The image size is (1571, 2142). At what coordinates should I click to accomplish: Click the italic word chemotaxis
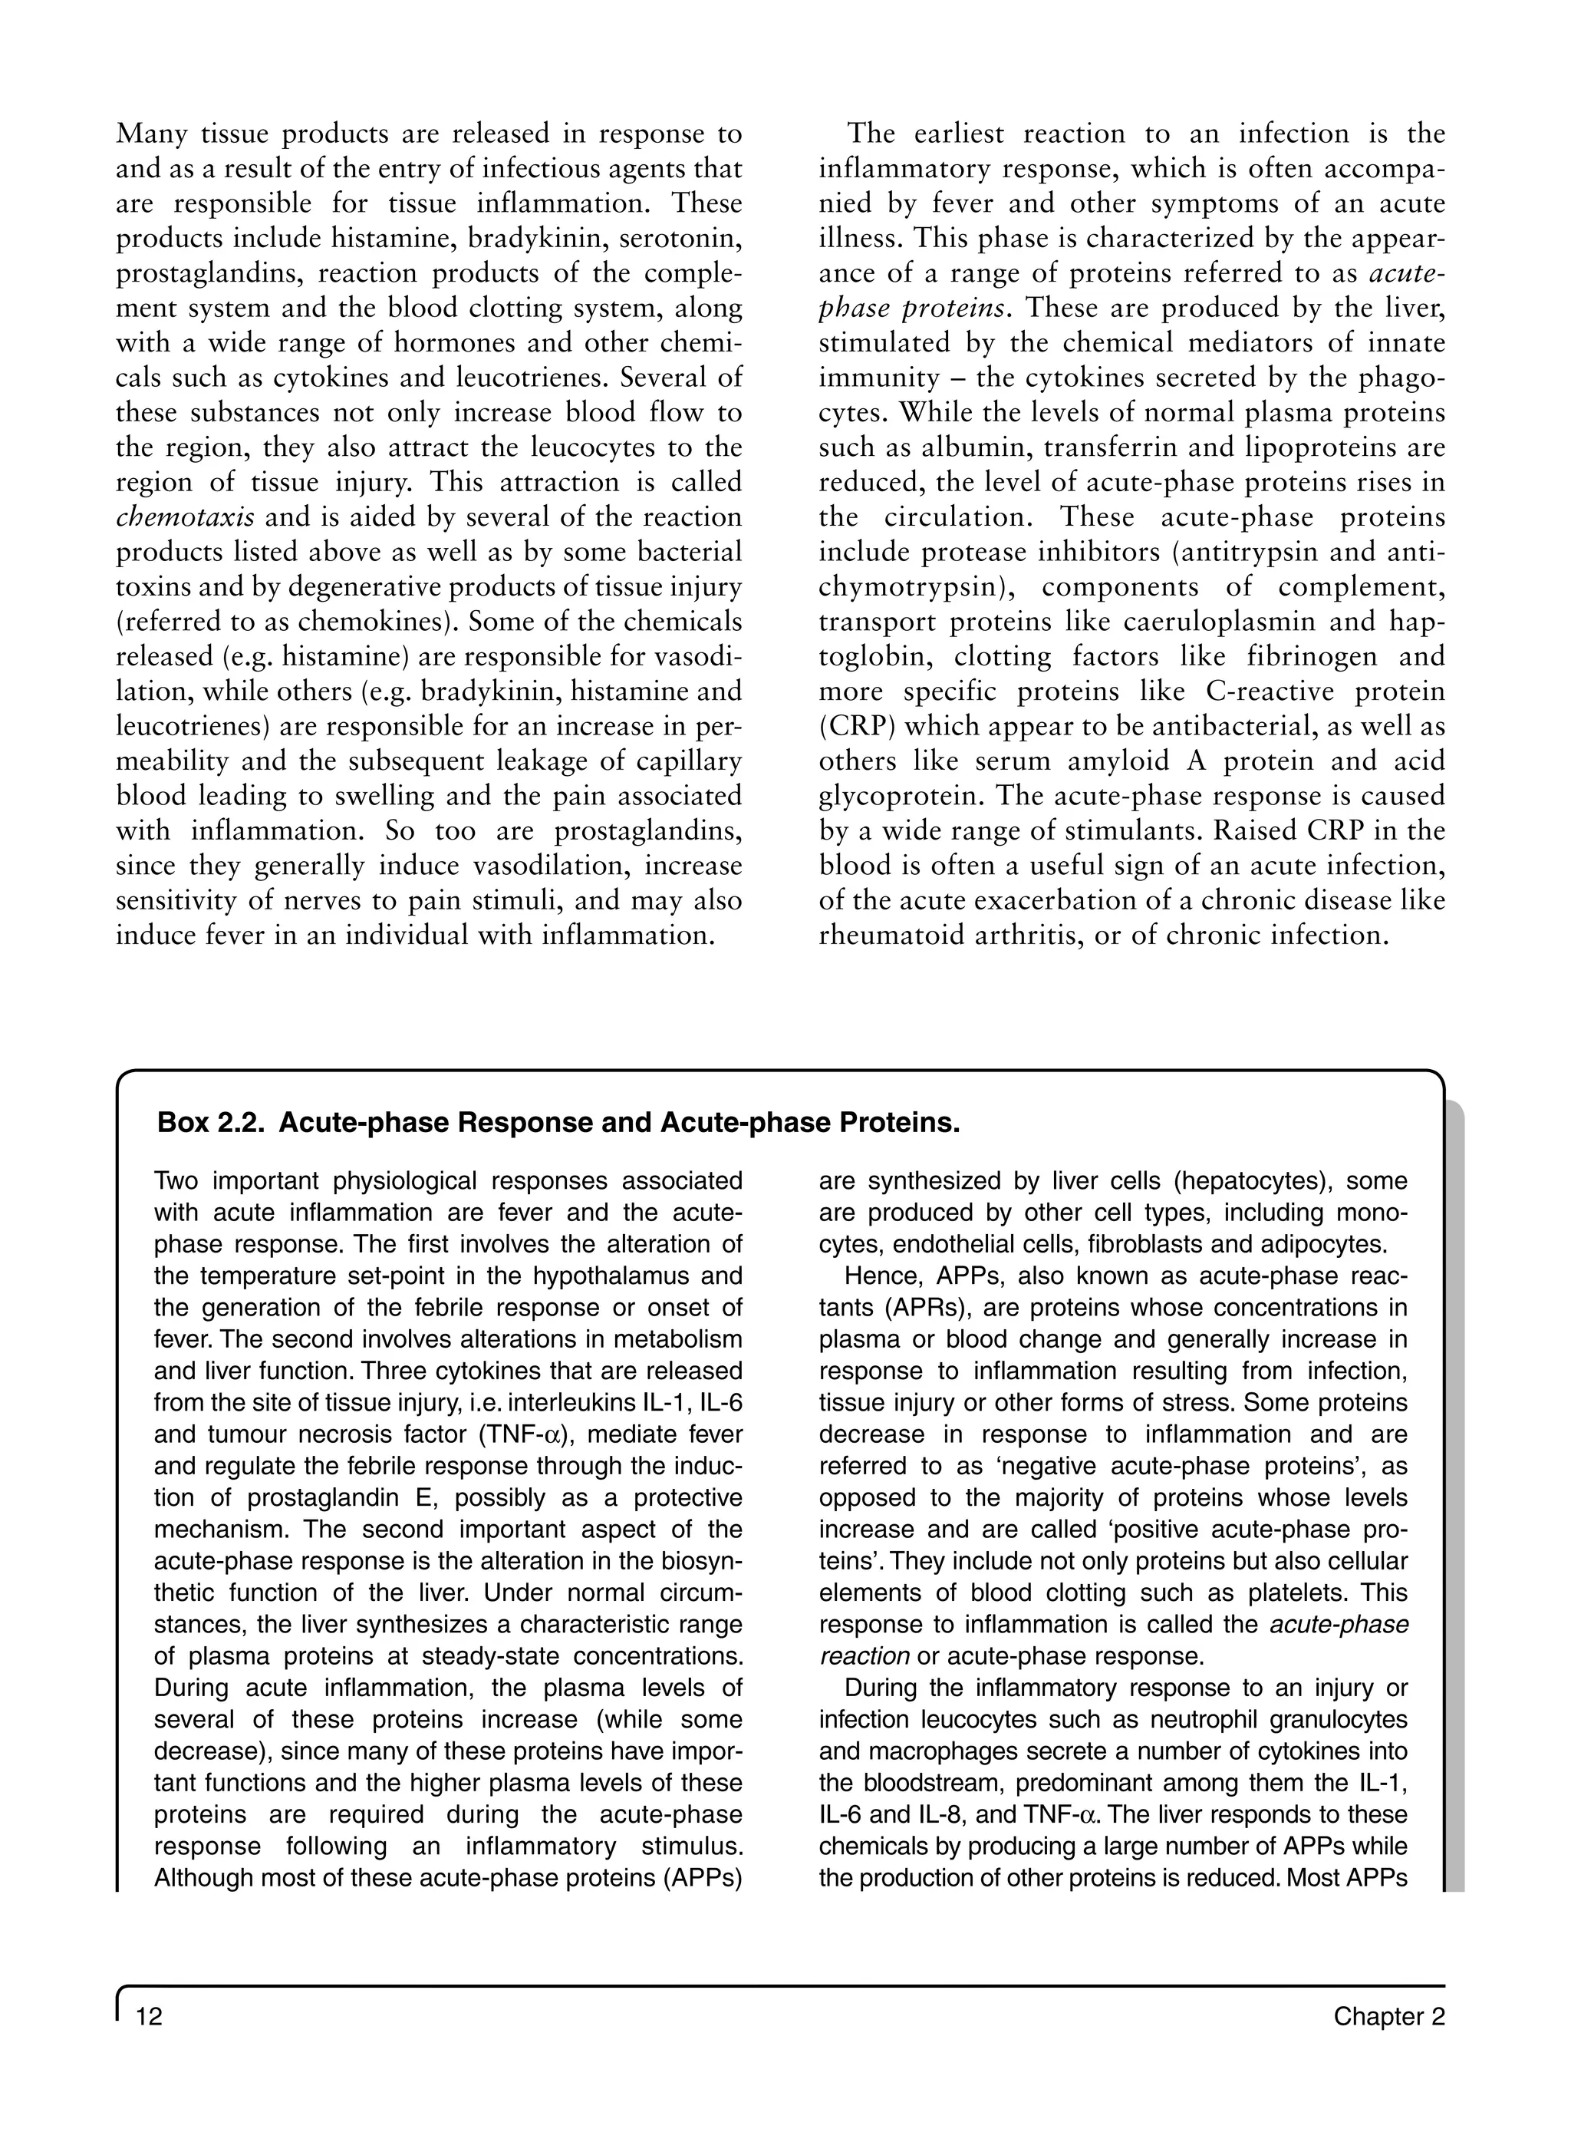pos(185,517)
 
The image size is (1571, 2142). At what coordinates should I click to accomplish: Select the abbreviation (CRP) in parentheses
pos(852,727)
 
